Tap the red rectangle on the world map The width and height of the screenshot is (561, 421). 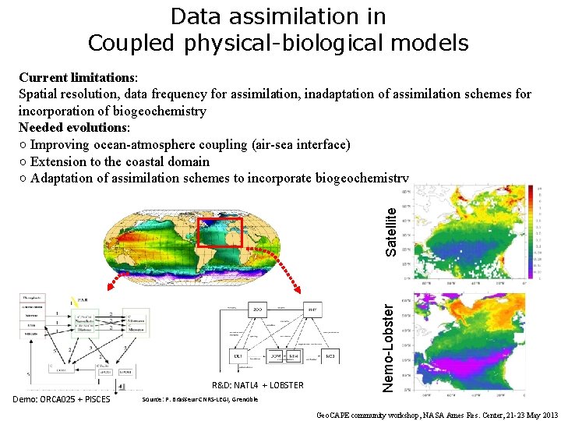click(x=220, y=232)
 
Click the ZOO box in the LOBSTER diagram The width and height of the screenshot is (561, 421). click(x=257, y=310)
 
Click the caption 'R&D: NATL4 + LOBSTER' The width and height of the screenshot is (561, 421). click(x=258, y=385)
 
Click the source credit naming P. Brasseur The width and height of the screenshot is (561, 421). click(x=199, y=399)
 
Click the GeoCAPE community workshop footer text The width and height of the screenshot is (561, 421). click(x=437, y=414)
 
